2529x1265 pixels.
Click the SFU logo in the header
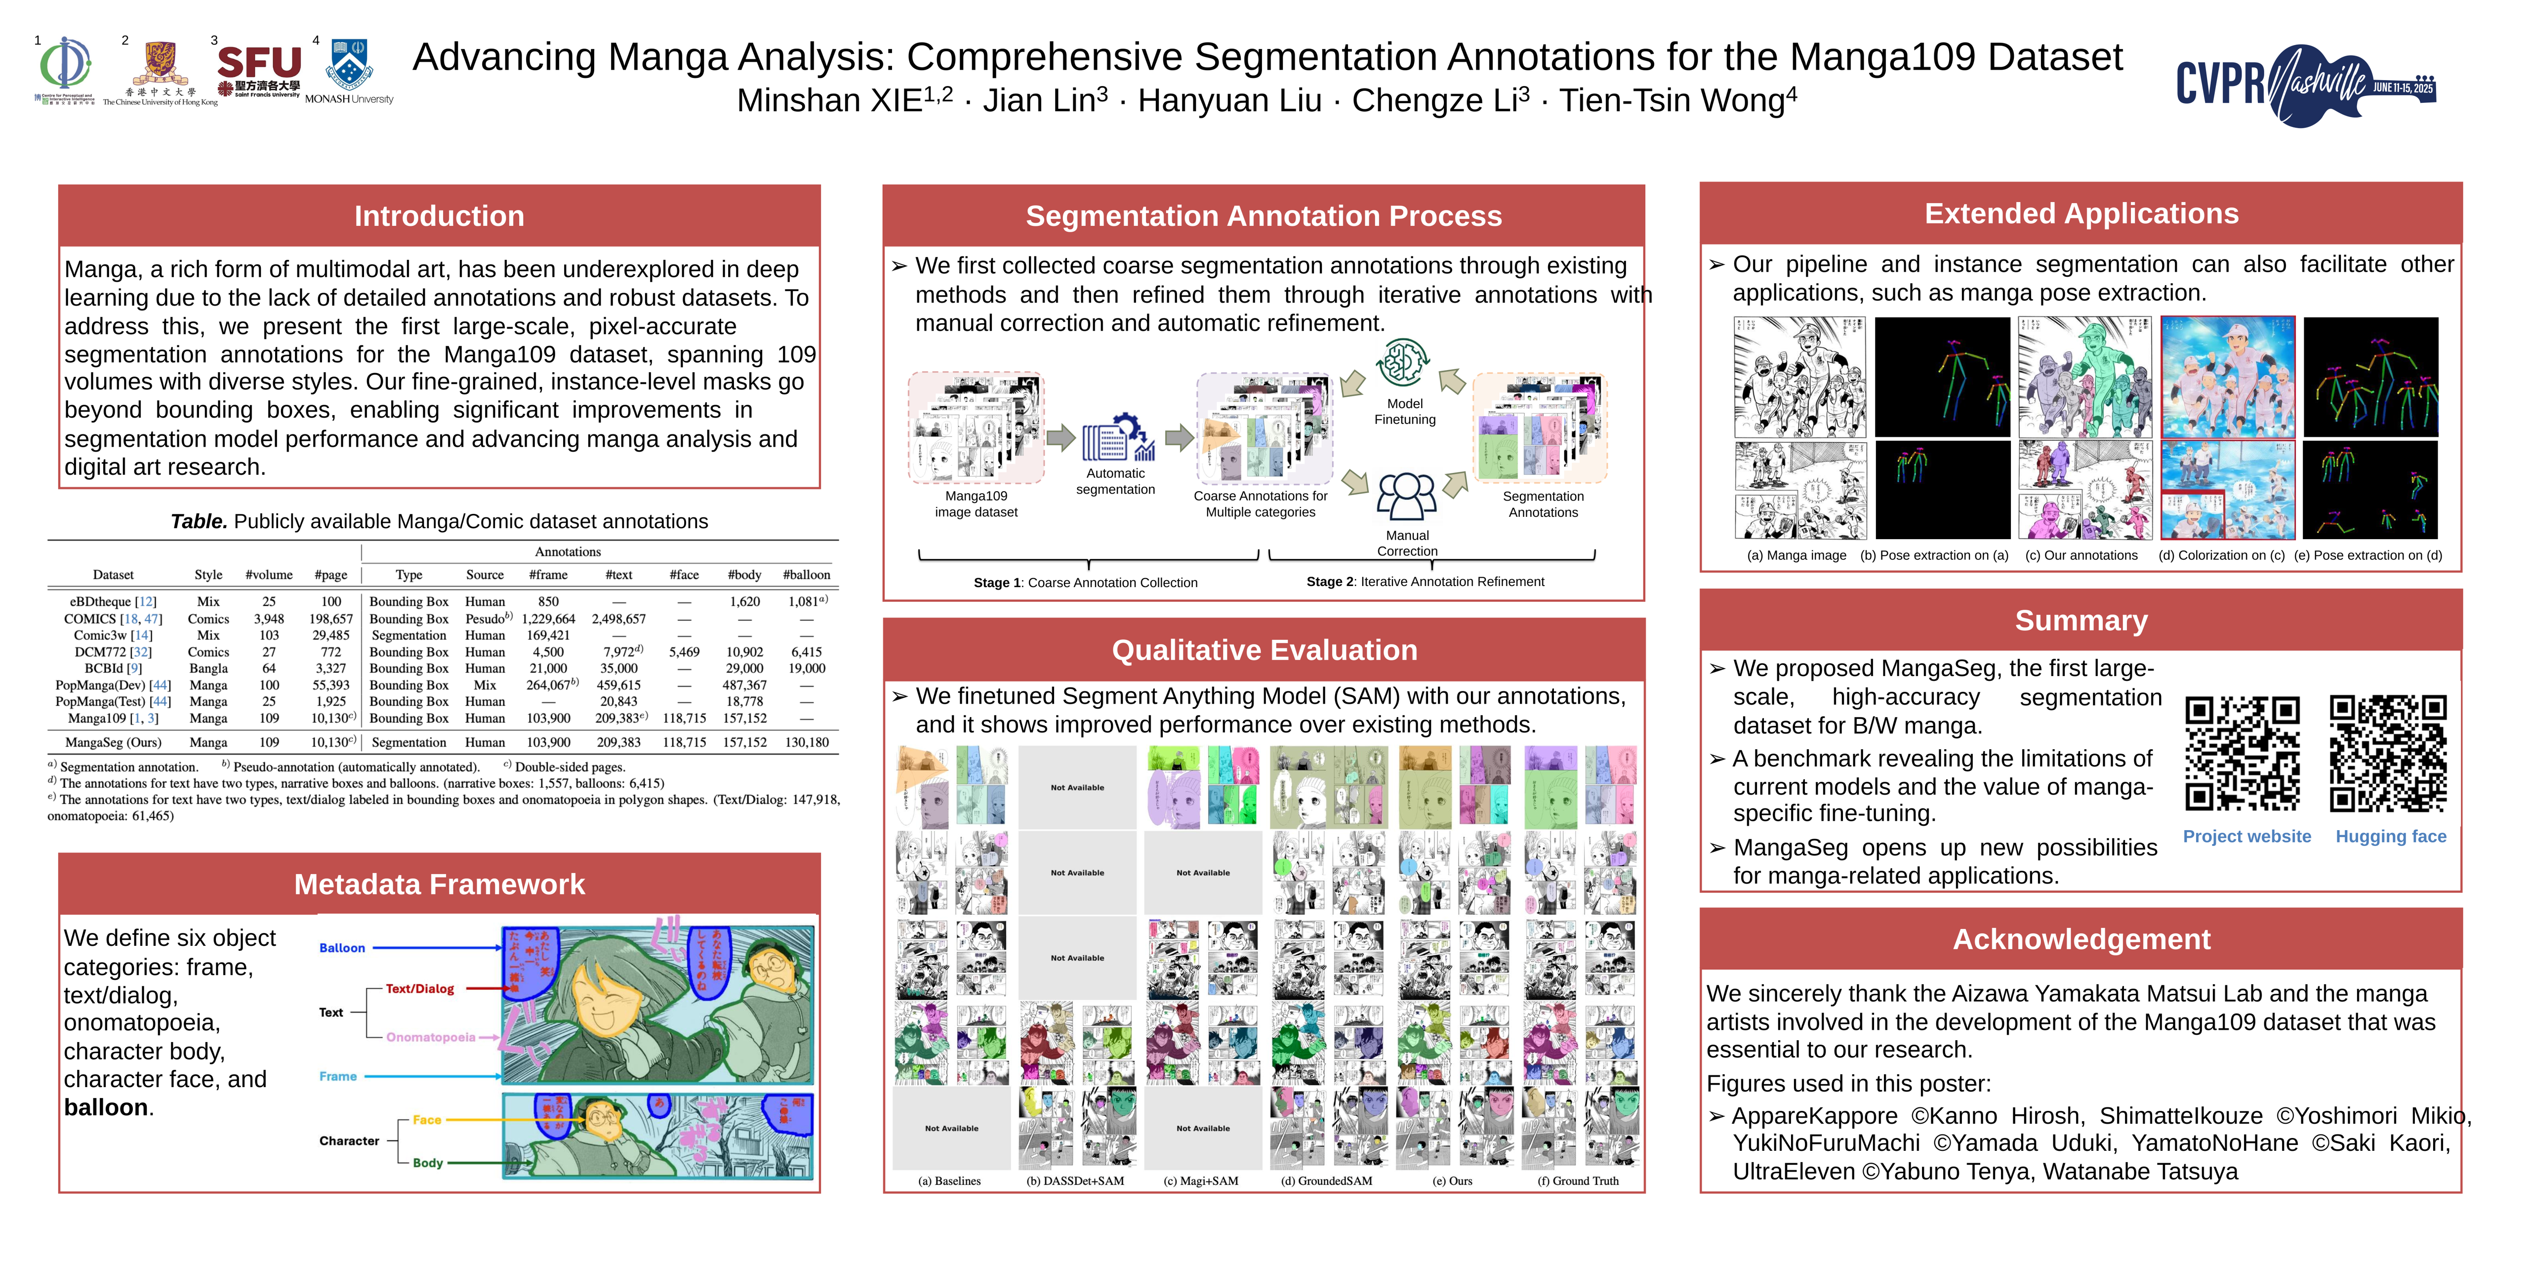coord(259,69)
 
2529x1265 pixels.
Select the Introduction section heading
coord(439,216)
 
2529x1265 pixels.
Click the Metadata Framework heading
coord(439,884)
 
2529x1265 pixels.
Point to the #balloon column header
coord(806,575)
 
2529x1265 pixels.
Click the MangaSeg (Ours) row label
coord(113,743)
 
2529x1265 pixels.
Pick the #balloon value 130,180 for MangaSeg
coord(806,743)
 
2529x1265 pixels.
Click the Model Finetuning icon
coord(1404,363)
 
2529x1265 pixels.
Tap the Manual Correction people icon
coord(1406,496)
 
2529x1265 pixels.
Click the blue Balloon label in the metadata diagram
coord(342,948)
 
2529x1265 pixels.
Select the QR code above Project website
coord(2243,753)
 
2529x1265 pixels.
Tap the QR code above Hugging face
coord(2388,753)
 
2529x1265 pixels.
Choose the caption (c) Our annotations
coord(2081,555)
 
